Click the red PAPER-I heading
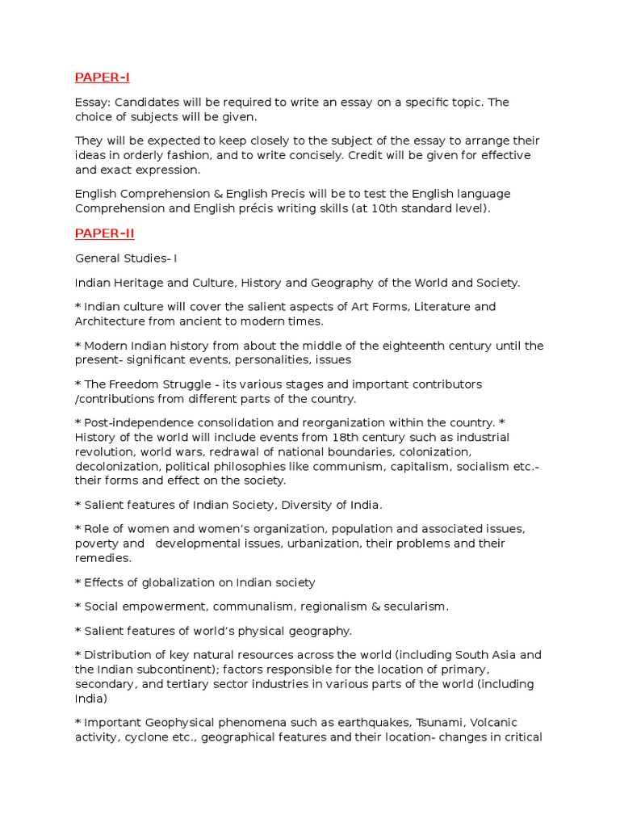click(x=102, y=78)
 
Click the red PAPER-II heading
click(x=104, y=233)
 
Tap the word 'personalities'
click(x=266, y=360)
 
